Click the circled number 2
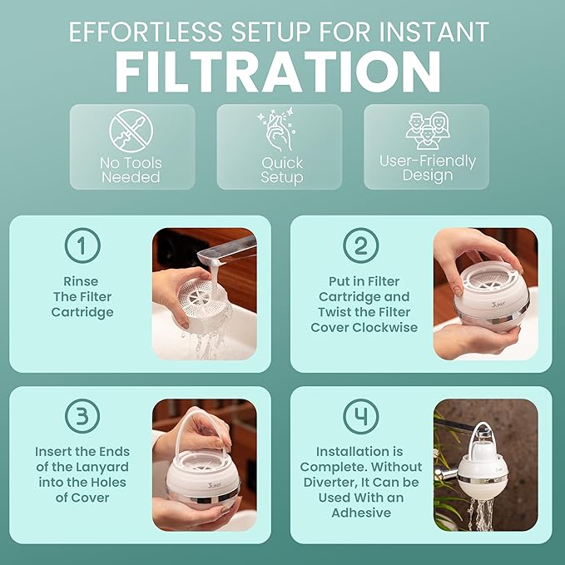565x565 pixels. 360,245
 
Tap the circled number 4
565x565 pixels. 360,415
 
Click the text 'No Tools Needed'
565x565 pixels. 131,170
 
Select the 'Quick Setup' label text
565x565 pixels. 282,170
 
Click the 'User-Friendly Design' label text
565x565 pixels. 428,167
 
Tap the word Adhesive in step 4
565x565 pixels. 360,512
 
